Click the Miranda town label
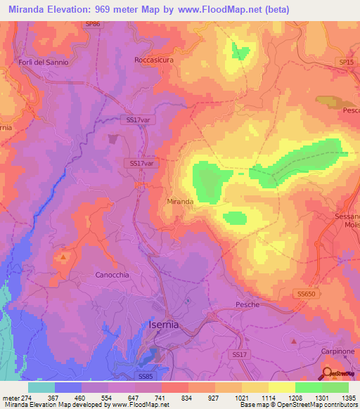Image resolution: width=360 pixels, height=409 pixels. [x=180, y=201]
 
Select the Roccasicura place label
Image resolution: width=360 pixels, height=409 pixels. [x=153, y=60]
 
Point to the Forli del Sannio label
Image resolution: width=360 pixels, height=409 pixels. [x=44, y=62]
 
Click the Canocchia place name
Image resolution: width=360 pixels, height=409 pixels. [x=112, y=275]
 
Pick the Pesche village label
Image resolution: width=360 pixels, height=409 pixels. [x=247, y=304]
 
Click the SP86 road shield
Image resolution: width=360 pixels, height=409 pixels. [x=92, y=24]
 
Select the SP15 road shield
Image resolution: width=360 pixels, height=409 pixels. [x=346, y=63]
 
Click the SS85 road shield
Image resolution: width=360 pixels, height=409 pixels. [x=146, y=377]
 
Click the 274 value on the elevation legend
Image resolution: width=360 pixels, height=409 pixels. [x=20, y=397]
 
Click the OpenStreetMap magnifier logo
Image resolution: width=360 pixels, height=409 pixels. [x=327, y=372]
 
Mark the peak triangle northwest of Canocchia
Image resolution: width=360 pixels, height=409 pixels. [x=64, y=257]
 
